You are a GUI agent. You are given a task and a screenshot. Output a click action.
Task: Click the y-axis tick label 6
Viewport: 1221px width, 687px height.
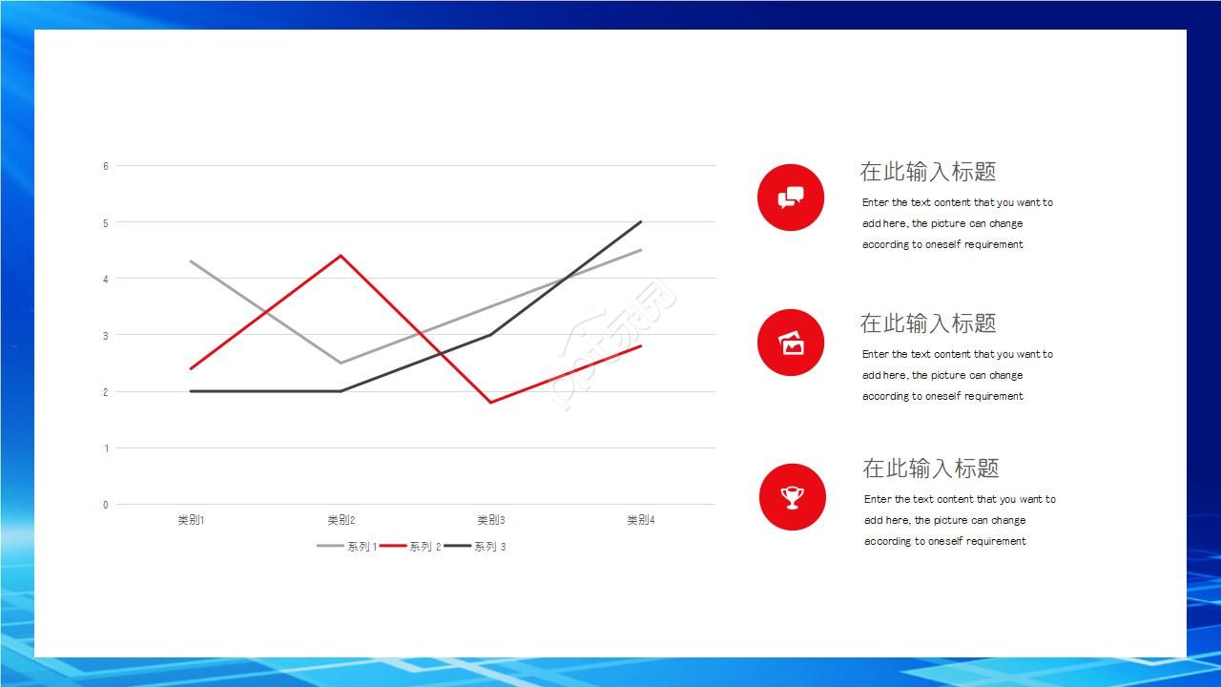[x=106, y=166]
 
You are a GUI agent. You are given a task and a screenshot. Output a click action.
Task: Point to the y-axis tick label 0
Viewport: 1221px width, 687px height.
[x=106, y=505]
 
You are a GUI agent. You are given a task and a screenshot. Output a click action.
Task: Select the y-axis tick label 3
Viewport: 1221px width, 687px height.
[x=106, y=336]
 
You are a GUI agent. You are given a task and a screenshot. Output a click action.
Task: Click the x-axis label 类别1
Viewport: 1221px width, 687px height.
[x=191, y=520]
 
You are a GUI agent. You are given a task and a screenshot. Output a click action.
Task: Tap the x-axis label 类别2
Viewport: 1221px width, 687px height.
[x=341, y=520]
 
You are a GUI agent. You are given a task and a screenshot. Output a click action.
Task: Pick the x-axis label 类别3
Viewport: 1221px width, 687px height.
[x=491, y=520]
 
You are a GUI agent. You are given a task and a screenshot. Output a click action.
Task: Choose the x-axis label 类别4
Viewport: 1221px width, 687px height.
[x=641, y=520]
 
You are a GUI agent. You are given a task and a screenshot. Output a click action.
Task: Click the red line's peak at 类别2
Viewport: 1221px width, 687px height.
[x=341, y=255]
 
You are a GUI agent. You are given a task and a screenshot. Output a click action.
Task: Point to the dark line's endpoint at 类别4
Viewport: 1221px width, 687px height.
[x=641, y=222]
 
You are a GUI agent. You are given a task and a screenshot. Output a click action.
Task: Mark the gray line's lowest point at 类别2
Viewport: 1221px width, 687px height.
[x=341, y=364]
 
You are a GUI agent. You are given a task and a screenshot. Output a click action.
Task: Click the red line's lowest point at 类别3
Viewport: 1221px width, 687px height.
[x=491, y=403]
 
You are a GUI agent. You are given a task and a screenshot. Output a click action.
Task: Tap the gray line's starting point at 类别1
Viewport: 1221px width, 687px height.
[x=191, y=261]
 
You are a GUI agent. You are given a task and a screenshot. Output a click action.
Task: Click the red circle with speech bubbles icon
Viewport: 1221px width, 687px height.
[x=791, y=198]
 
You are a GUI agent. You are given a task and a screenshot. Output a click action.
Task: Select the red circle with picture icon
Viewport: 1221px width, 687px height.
[x=791, y=343]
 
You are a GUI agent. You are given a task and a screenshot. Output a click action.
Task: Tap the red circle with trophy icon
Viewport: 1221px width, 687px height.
[x=793, y=497]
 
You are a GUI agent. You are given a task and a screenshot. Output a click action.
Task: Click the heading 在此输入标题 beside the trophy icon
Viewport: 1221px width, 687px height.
[x=930, y=468]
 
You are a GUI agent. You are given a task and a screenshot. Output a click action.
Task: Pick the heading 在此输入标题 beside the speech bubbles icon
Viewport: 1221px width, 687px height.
[x=928, y=172]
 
